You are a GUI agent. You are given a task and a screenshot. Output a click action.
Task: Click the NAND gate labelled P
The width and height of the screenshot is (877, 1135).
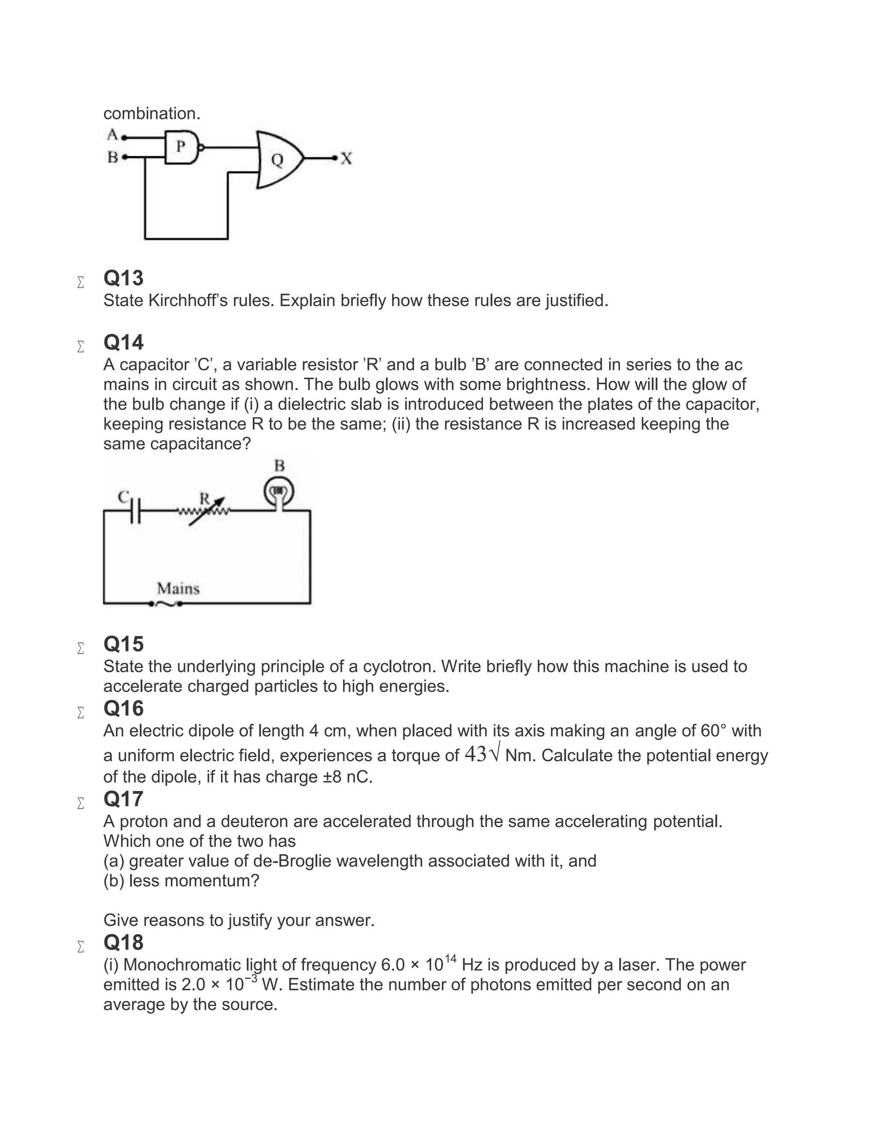point(181,147)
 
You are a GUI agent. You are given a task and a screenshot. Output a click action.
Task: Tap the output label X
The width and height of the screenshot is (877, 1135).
point(346,158)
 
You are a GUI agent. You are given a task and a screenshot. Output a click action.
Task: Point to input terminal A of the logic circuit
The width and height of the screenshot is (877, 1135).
point(124,138)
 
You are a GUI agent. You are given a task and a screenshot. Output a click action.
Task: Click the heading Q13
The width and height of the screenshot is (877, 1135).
point(124,278)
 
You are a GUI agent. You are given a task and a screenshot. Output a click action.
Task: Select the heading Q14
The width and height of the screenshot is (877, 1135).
point(124,343)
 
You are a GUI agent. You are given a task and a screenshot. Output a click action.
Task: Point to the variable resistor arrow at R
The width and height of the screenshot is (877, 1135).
point(207,512)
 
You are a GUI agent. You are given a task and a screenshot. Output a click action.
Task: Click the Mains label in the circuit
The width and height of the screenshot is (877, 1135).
point(178,589)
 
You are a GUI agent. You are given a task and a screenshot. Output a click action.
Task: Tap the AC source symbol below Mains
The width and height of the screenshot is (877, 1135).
point(166,604)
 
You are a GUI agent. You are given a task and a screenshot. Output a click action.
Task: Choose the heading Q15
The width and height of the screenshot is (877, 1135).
point(124,644)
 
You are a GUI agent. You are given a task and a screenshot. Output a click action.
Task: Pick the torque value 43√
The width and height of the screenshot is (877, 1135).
point(482,754)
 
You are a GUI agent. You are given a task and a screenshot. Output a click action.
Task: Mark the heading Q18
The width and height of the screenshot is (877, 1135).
point(124,942)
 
